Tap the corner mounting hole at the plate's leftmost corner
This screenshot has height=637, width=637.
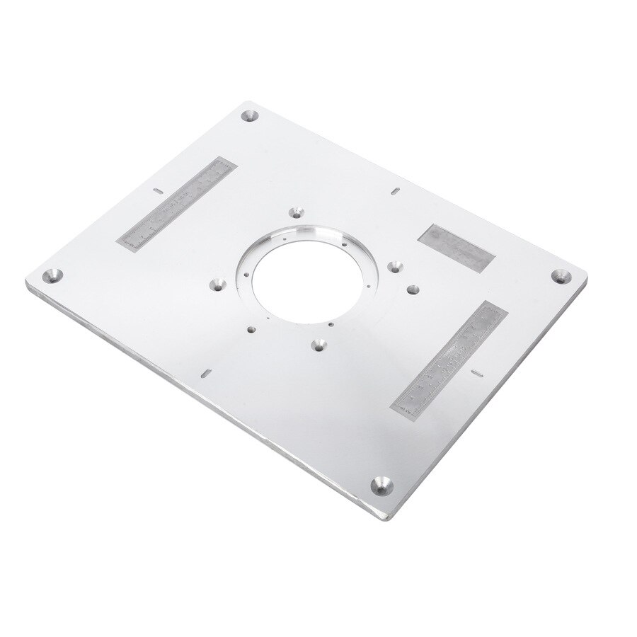pyautogui.click(x=52, y=275)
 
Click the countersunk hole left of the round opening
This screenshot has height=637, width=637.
pyautogui.click(x=217, y=285)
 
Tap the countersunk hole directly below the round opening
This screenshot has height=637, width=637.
pyautogui.click(x=319, y=347)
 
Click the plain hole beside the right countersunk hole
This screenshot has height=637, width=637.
pyautogui.click(x=411, y=289)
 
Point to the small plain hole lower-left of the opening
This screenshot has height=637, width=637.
pyautogui.click(x=251, y=328)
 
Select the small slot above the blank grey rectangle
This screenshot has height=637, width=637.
pyautogui.click(x=395, y=190)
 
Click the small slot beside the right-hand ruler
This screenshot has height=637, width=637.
pyautogui.click(x=477, y=370)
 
